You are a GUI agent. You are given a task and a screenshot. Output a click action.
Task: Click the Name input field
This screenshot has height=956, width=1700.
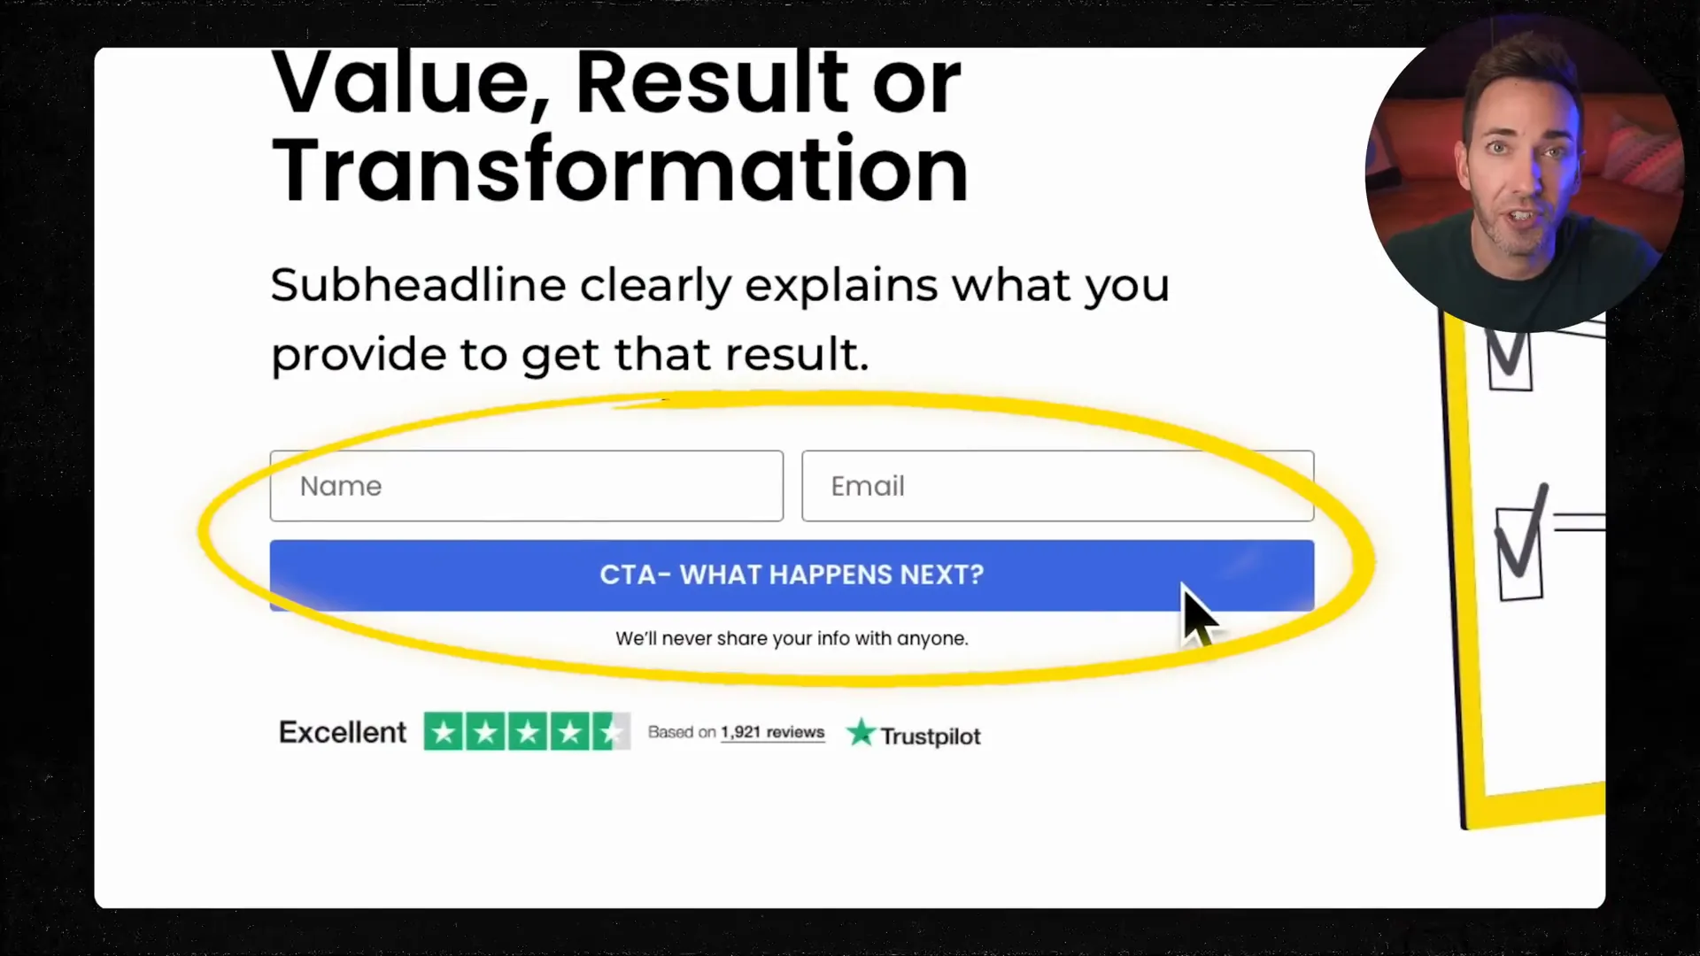tap(526, 486)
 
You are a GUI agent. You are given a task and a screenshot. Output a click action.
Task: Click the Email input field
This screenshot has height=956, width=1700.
tap(1057, 486)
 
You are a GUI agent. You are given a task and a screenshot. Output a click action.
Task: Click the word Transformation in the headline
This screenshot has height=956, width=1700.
tap(620, 170)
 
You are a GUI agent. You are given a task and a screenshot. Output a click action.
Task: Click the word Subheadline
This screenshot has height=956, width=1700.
tap(418, 285)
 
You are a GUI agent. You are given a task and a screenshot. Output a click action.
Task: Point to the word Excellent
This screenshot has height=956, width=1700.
tap(343, 733)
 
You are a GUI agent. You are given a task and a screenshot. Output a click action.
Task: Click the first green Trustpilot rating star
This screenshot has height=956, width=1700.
tap(444, 732)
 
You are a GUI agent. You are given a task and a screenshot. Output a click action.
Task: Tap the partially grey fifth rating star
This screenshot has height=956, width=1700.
tap(611, 732)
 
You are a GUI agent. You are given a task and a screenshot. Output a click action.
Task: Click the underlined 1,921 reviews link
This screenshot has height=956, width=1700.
tap(772, 733)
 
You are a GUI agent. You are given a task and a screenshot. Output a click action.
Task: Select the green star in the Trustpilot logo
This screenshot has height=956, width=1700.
tap(861, 733)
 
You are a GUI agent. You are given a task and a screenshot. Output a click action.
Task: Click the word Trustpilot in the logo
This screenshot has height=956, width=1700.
tap(930, 736)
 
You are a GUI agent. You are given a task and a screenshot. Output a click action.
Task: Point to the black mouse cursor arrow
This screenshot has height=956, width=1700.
tap(1198, 614)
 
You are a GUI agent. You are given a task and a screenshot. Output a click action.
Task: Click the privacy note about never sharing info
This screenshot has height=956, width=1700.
tap(792, 638)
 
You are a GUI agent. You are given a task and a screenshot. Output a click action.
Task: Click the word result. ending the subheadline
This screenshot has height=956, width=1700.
tap(797, 354)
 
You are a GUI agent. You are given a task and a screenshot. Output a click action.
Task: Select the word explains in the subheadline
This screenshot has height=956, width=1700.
tap(840, 285)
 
